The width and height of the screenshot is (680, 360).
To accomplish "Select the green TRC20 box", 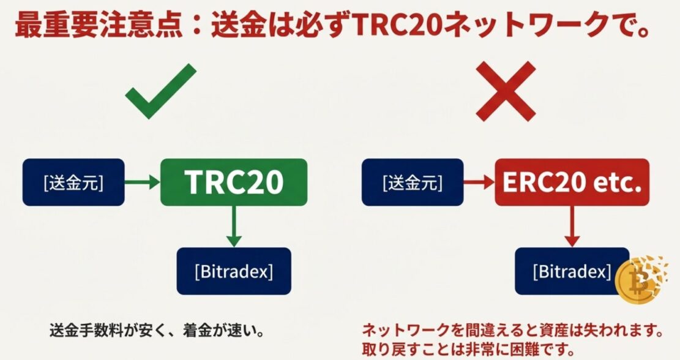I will click(x=233, y=182).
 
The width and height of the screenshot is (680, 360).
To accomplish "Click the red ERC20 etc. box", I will click(x=572, y=182).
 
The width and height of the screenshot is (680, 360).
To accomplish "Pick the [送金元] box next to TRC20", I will click(x=73, y=182).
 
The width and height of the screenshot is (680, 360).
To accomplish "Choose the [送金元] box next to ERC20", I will click(x=413, y=182).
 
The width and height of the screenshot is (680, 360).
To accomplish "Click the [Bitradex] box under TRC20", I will click(x=234, y=270).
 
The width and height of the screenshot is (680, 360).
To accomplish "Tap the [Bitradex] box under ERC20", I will click(x=572, y=270).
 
